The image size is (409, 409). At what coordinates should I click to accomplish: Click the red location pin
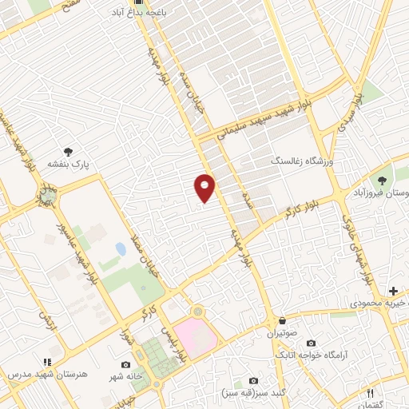click(204, 187)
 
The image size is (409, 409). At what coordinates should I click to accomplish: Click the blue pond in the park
click(121, 249)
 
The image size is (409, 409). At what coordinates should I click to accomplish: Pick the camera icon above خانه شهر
click(125, 365)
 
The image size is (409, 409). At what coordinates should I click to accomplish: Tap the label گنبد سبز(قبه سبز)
click(253, 393)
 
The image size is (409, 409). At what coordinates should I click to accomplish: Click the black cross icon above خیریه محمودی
click(392, 291)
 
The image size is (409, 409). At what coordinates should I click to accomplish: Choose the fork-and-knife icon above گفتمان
click(370, 393)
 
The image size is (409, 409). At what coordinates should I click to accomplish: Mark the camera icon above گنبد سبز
click(254, 381)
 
